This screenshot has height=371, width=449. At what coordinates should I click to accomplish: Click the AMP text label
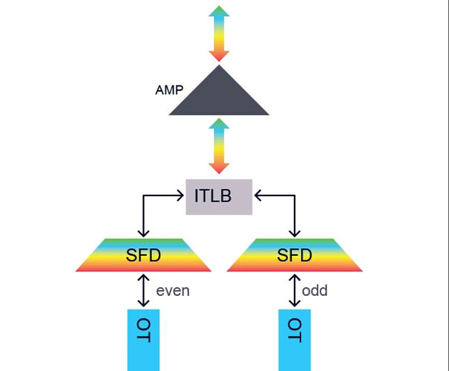(169, 90)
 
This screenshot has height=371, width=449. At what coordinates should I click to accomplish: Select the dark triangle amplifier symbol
(219, 97)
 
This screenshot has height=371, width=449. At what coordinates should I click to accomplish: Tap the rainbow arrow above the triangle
(219, 34)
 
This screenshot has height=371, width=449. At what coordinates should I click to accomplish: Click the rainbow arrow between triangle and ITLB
(219, 146)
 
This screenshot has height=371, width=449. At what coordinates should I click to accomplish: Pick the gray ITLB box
(219, 196)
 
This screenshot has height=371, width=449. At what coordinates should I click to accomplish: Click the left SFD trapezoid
(143, 255)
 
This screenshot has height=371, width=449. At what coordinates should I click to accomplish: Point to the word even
(173, 291)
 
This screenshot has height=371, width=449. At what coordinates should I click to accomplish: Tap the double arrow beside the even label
(144, 291)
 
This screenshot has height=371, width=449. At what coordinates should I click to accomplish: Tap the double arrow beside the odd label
(294, 291)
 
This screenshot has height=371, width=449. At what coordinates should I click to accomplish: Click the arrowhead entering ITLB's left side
(180, 196)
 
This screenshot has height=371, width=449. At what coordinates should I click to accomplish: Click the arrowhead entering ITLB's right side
(258, 196)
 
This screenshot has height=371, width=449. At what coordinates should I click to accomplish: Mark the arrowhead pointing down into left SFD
(143, 232)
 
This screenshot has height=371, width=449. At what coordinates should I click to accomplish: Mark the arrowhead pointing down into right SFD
(294, 232)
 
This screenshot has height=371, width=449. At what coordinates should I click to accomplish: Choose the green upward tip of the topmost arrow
(219, 12)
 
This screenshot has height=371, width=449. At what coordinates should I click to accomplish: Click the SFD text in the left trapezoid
(143, 256)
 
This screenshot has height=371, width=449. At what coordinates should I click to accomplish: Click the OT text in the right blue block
(294, 329)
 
